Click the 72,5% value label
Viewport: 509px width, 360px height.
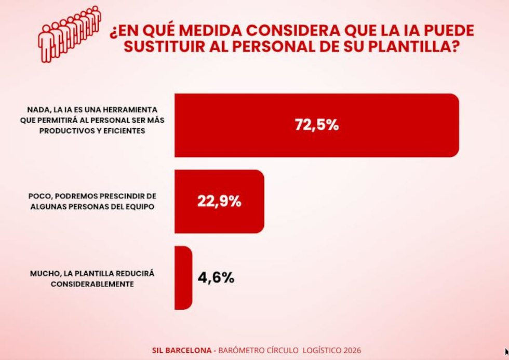point(316,125)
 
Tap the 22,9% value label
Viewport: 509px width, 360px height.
point(219,202)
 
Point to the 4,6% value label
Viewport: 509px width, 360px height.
point(216,277)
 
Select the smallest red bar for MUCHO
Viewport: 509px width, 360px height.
point(183,278)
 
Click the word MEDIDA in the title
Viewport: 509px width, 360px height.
point(208,31)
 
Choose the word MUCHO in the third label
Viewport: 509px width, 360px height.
point(43,273)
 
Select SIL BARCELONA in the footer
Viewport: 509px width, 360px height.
point(179,350)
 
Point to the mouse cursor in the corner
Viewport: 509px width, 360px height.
point(506,352)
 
